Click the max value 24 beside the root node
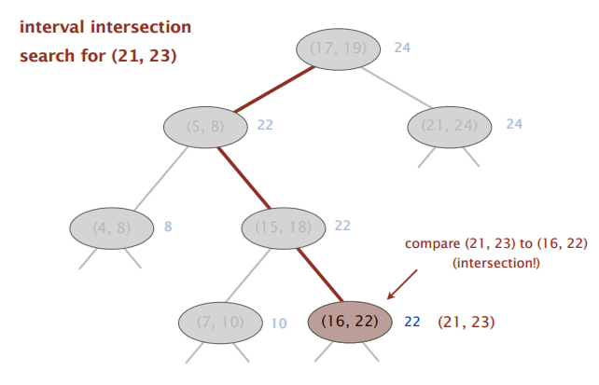402,48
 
